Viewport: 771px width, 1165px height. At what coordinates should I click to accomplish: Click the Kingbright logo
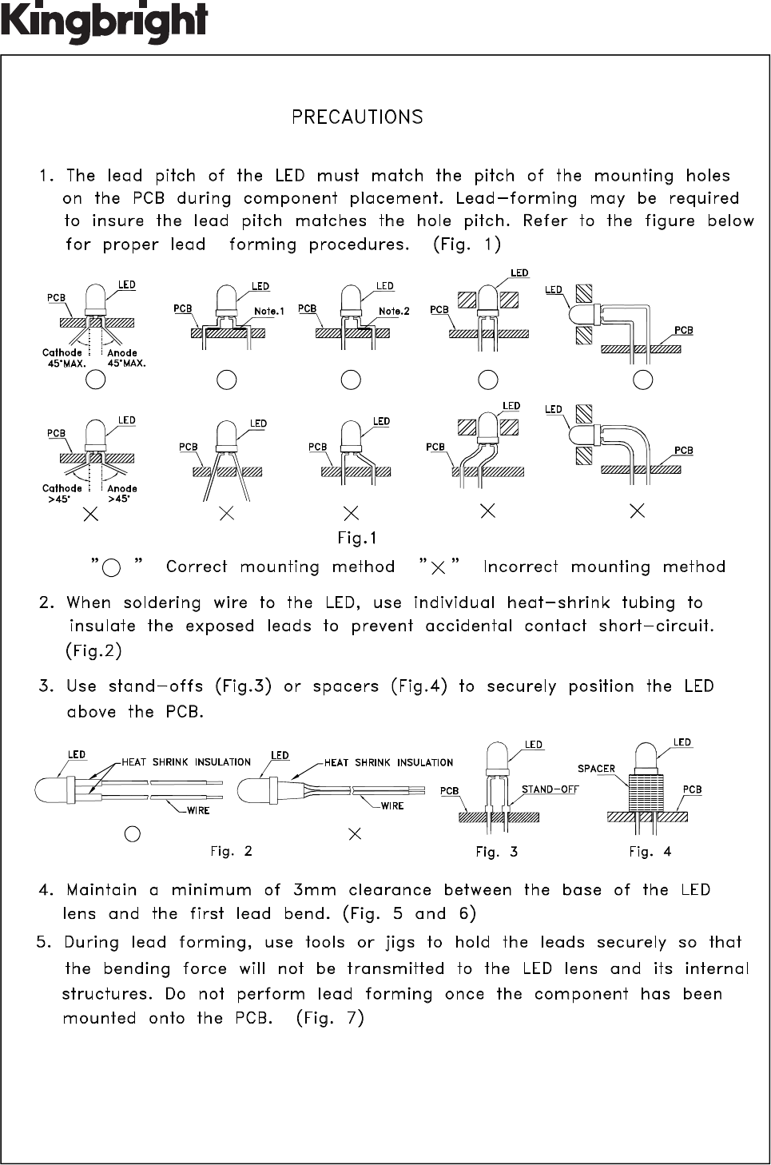click(104, 22)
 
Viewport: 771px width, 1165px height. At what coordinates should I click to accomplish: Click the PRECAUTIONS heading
click(357, 117)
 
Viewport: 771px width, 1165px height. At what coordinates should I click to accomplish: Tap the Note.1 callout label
click(268, 311)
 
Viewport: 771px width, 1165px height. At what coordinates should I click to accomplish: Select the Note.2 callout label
click(394, 311)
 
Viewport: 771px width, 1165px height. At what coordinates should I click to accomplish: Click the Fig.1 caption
click(356, 538)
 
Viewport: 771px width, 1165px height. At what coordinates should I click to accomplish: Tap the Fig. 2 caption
click(231, 851)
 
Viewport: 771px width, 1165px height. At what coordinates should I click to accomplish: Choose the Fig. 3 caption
click(496, 852)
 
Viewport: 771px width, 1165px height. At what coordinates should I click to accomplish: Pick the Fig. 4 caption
click(650, 852)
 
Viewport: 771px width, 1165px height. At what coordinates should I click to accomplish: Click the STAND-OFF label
click(550, 789)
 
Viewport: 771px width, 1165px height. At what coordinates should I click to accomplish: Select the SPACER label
click(596, 769)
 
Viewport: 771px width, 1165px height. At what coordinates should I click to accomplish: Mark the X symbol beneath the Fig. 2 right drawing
click(356, 833)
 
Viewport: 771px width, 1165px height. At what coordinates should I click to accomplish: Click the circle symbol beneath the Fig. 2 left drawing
click(133, 833)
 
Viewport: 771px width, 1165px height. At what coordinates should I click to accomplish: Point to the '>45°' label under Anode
click(119, 499)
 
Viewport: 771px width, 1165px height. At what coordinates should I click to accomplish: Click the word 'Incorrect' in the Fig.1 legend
click(521, 567)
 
